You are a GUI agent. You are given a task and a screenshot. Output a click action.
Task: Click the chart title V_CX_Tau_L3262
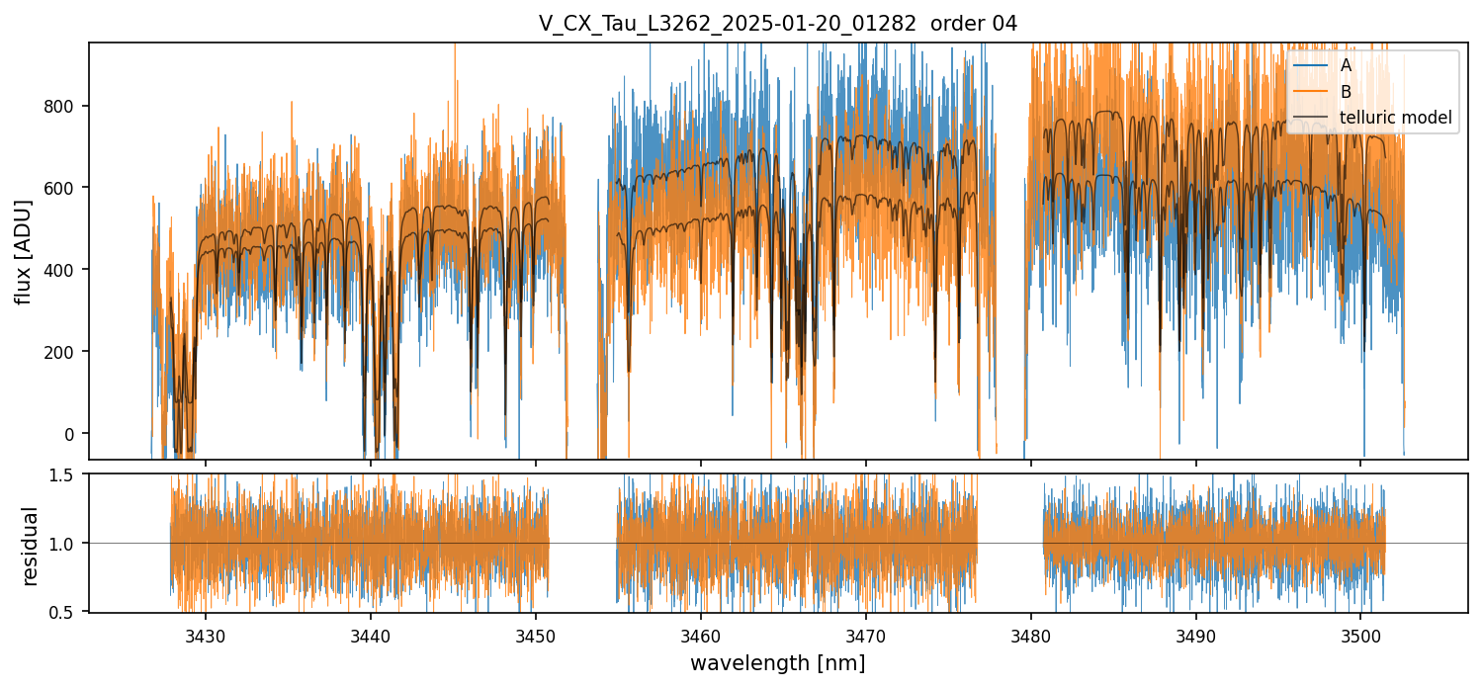coord(777,24)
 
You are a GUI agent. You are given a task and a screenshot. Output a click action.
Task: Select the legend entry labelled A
coord(1346,65)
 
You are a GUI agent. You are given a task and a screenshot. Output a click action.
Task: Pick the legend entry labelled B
coord(1346,92)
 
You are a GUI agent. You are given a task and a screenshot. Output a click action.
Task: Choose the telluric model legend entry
coord(1395,118)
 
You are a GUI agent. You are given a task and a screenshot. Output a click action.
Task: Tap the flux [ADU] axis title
coord(24,251)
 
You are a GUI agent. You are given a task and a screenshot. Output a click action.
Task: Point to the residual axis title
coord(31,546)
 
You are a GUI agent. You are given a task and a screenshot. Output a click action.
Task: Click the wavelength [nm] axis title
coord(777,663)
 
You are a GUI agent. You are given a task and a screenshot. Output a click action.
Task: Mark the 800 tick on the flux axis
coord(65,106)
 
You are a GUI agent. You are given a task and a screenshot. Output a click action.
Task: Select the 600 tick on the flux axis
coord(65,188)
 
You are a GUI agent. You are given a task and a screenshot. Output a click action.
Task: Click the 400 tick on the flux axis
coord(65,270)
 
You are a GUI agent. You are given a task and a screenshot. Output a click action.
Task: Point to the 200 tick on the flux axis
coord(65,352)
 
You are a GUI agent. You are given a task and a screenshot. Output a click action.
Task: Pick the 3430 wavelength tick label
coord(206,633)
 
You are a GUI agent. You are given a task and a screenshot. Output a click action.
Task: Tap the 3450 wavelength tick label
coord(535,633)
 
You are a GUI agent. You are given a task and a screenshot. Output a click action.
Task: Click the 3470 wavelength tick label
coord(865,633)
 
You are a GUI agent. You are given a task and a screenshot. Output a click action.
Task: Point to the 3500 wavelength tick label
coord(1359,633)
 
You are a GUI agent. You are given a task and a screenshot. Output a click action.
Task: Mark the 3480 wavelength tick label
coord(1030,633)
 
